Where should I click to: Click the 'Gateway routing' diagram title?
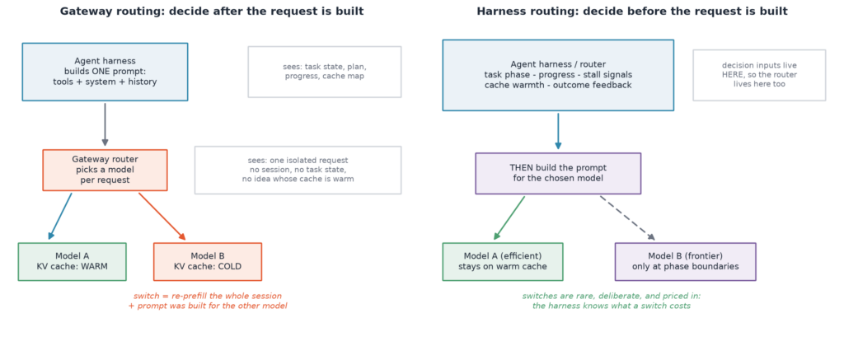click(x=212, y=12)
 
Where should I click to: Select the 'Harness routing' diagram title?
click(x=632, y=12)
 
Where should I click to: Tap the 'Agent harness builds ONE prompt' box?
click(x=105, y=72)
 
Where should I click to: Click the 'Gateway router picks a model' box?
click(x=105, y=170)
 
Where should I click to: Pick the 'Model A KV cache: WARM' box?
click(x=73, y=261)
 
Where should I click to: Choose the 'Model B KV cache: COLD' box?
click(x=208, y=261)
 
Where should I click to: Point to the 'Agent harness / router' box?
click(x=558, y=75)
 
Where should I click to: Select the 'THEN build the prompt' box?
click(x=558, y=173)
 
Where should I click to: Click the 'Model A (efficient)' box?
click(x=503, y=261)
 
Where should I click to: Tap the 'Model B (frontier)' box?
click(x=685, y=261)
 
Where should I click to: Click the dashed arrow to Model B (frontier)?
click(x=627, y=218)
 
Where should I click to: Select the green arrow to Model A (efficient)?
click(x=509, y=218)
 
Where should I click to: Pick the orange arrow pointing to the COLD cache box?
click(x=162, y=217)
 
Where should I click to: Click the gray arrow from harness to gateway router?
click(x=105, y=125)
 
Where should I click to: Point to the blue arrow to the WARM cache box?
click(x=59, y=217)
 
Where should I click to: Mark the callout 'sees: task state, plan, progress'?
click(x=325, y=72)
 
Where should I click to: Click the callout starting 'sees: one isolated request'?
click(x=298, y=170)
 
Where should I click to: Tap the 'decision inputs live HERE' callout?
click(x=759, y=75)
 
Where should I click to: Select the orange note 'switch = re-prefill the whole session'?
click(x=208, y=301)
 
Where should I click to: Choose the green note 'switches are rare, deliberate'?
click(x=612, y=301)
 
